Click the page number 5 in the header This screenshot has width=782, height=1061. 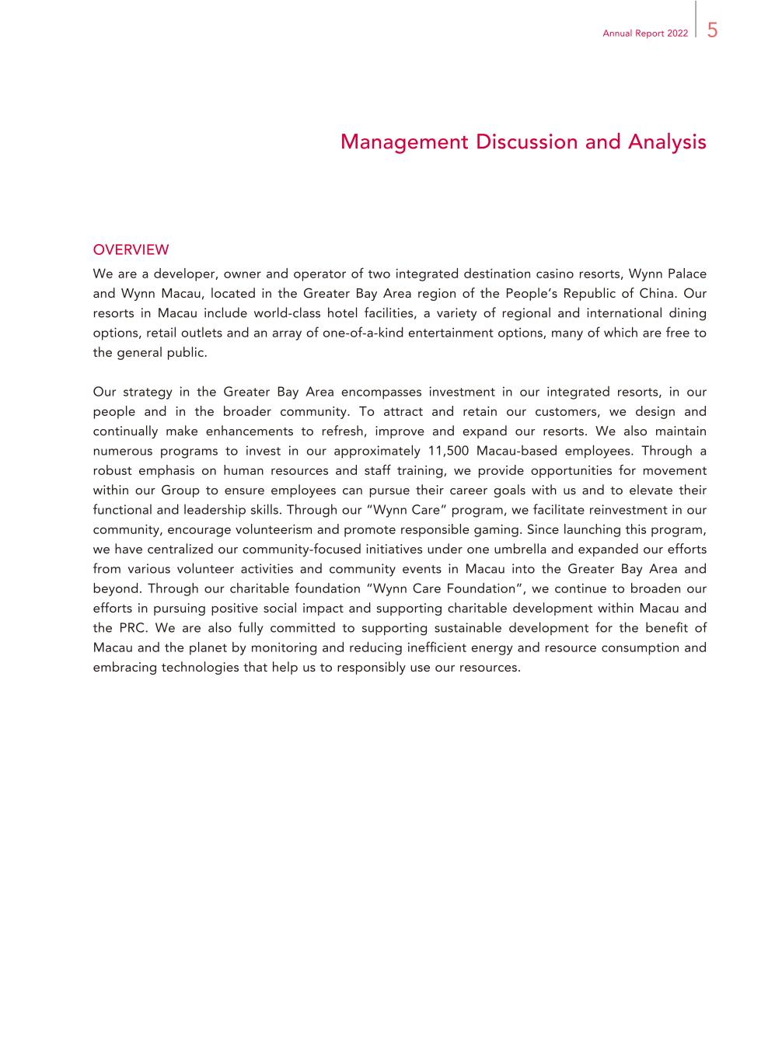tap(712, 30)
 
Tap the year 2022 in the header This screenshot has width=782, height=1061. tap(677, 34)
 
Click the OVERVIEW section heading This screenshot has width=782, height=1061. tap(131, 250)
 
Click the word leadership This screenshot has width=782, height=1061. tap(211, 510)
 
